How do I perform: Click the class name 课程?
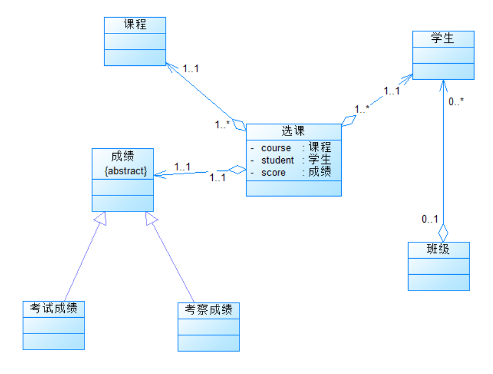point(135,24)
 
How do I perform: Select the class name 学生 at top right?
point(443,38)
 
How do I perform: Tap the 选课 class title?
point(293,131)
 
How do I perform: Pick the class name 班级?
point(438,249)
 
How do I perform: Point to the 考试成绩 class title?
point(54,308)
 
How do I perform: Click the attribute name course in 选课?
point(276,148)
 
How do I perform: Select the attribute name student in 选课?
point(278,160)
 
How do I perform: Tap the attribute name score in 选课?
point(273,173)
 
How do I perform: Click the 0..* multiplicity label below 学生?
point(456,101)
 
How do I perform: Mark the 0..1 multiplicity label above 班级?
point(430,219)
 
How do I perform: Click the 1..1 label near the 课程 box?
point(191,69)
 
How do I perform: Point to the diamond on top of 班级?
point(443,233)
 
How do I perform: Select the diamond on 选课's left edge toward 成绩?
point(237,170)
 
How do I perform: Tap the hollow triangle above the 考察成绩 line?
point(152,218)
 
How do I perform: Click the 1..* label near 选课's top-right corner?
point(362,109)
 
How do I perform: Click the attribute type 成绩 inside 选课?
point(319,172)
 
